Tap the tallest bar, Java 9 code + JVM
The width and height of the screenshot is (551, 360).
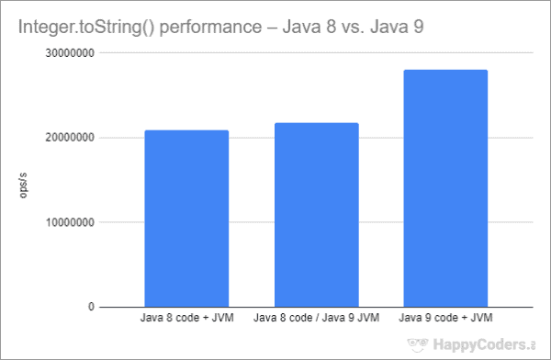[445, 188]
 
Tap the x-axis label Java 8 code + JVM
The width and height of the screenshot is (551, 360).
[186, 319]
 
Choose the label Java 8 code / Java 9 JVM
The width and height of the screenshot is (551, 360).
[316, 319]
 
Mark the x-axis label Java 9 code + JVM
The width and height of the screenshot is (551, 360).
[445, 319]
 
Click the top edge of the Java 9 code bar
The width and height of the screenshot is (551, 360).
[445, 71]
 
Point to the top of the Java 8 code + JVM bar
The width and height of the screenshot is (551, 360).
[186, 131]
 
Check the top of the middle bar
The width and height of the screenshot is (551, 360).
[316, 124]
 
